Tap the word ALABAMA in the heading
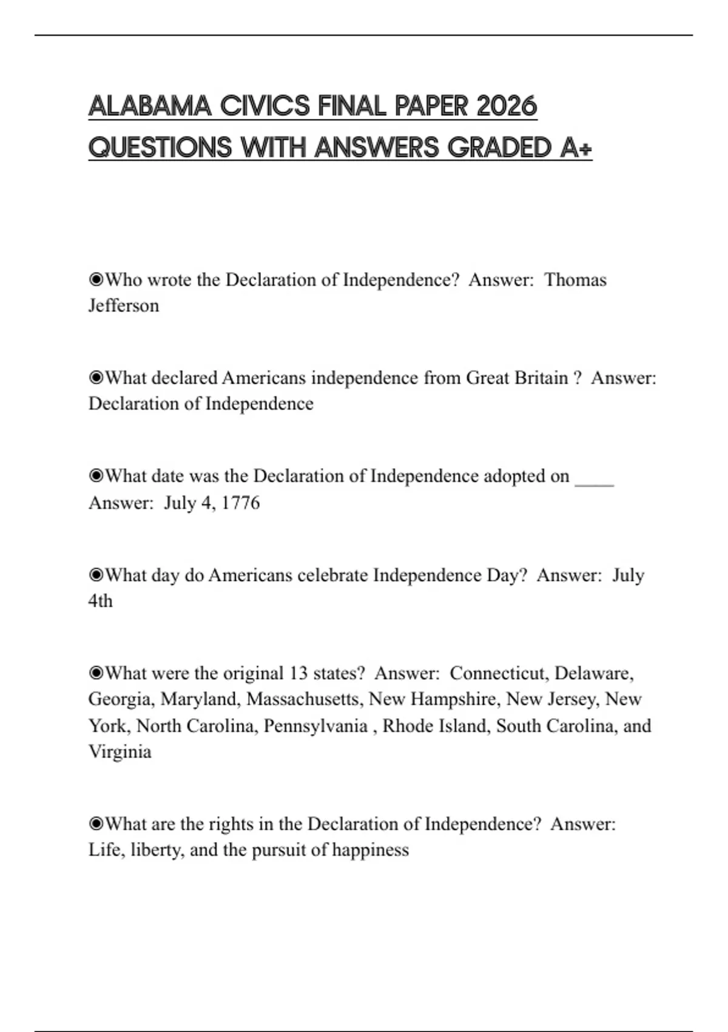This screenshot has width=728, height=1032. tap(149, 106)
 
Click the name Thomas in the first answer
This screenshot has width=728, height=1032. tap(575, 280)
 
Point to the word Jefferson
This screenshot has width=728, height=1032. tap(124, 305)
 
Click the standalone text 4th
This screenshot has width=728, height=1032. tap(101, 601)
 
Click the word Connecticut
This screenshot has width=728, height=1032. tap(499, 673)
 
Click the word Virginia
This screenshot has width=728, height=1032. tap(120, 752)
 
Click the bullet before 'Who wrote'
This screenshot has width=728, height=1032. tap(96, 280)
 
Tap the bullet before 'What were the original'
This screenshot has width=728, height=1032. tap(96, 673)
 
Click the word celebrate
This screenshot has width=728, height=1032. tap(332, 575)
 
